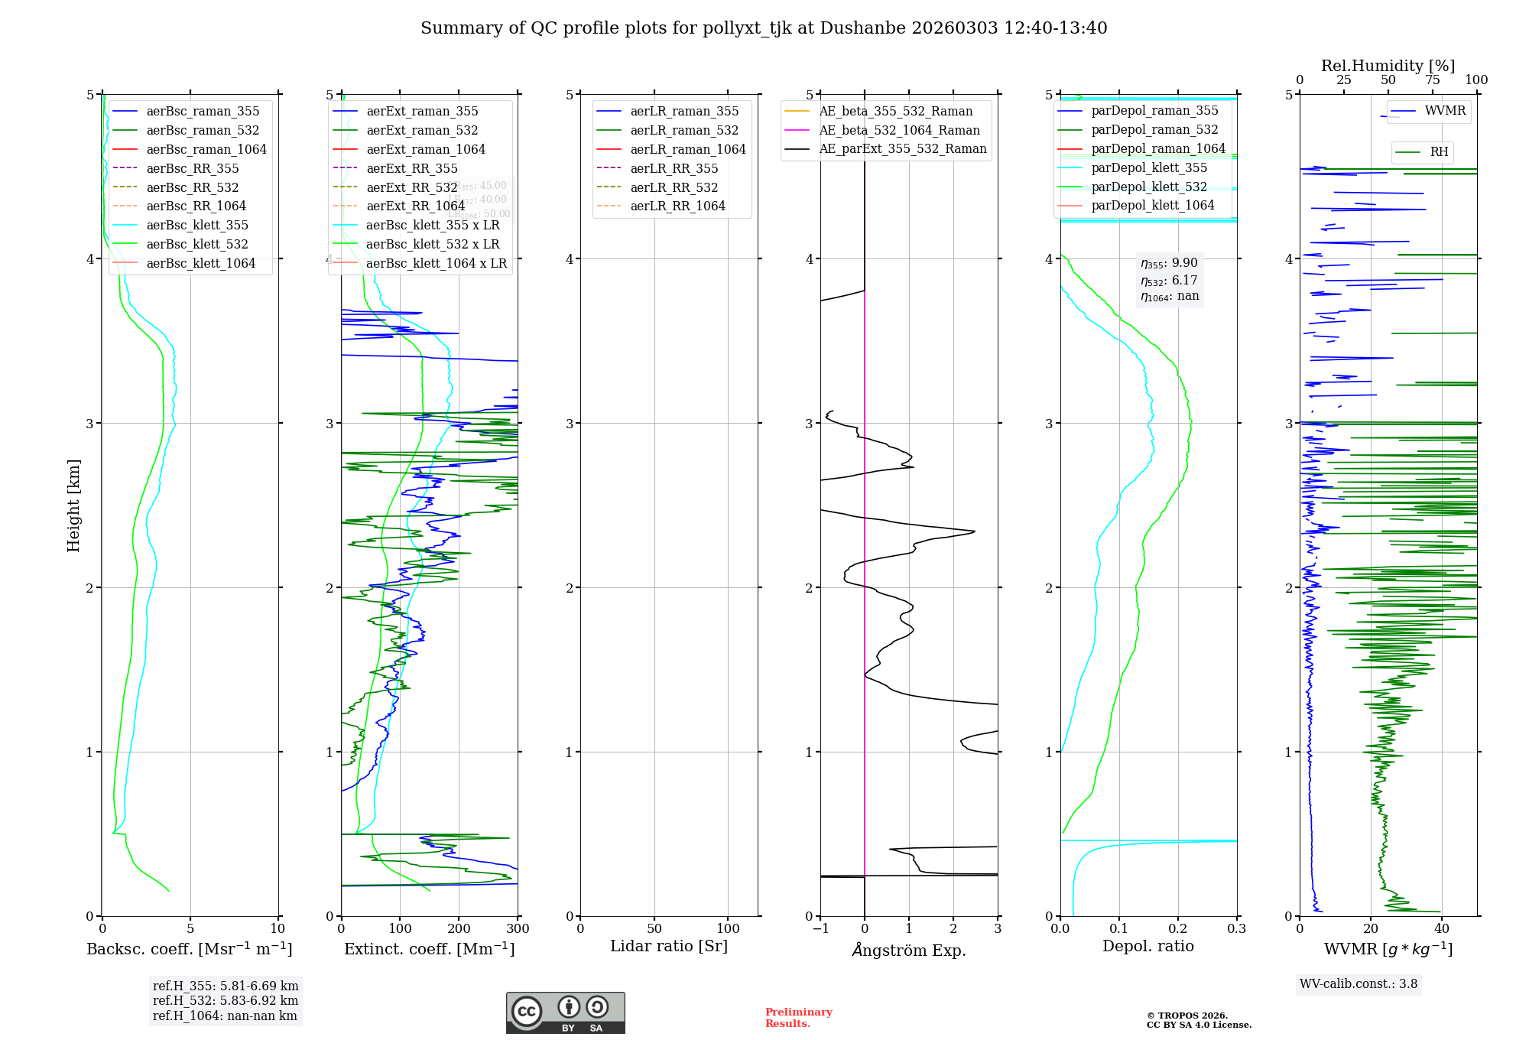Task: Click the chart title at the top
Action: click(764, 28)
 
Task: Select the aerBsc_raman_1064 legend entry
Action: click(206, 149)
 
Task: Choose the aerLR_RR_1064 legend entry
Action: click(677, 206)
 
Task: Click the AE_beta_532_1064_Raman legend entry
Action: click(899, 130)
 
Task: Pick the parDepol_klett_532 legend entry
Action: click(1148, 187)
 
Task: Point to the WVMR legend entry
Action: click(1445, 111)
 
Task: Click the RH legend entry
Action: click(1439, 152)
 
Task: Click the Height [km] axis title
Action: click(73, 505)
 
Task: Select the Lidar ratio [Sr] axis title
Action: click(669, 946)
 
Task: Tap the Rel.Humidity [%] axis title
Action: click(1388, 66)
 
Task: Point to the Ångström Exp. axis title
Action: click(908, 950)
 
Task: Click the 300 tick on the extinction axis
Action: click(518, 929)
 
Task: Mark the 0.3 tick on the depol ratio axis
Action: click(1236, 929)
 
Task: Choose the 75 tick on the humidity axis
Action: click(1432, 80)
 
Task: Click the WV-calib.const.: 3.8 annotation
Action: click(1358, 984)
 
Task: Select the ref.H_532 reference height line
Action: click(226, 1000)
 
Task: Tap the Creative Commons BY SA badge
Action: click(565, 1013)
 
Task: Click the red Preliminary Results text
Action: click(798, 1018)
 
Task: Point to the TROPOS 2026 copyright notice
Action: click(1198, 1020)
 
